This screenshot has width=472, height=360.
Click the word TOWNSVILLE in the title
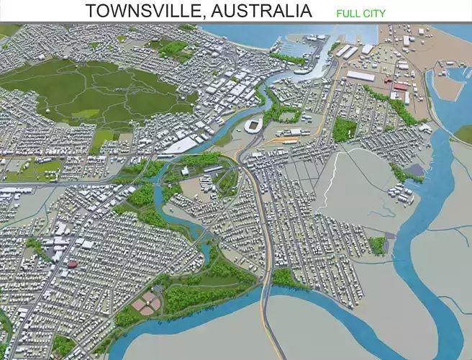(137, 11)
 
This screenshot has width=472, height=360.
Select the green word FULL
(348, 13)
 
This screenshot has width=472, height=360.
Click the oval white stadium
(253, 126)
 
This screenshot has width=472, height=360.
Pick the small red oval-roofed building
(72, 264)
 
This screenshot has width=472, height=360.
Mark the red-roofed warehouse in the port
(400, 86)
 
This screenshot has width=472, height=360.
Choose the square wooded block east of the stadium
(345, 129)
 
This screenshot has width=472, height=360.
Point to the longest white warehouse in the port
(360, 75)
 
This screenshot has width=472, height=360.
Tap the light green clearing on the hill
(86, 113)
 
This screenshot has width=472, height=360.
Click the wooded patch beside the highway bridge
(283, 278)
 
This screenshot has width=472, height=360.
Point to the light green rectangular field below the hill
(104, 136)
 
